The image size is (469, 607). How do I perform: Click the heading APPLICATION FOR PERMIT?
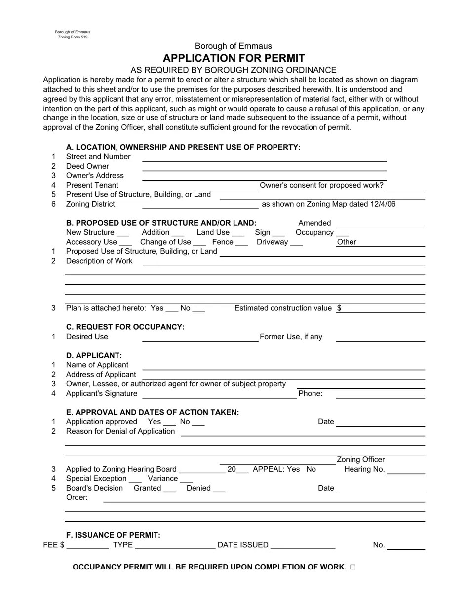tap(234, 58)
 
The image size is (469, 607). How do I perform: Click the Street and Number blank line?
tap(264, 160)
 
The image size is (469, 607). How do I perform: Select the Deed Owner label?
tap(87, 166)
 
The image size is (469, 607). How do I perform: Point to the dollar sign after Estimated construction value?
tap(339, 308)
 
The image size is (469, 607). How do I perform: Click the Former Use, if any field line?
tap(380, 340)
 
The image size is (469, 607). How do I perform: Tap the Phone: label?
tap(311, 393)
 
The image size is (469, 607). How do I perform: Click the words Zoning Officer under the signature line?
tap(360, 460)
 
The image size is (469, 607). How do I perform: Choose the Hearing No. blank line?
tap(406, 472)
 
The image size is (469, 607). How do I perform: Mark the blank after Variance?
tap(187, 481)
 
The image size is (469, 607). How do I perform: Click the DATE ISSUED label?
tap(243, 545)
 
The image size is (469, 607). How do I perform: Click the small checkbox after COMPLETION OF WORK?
tap(352, 567)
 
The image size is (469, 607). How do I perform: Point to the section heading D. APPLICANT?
tap(94, 355)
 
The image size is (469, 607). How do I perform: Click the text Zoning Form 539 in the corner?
tap(73, 37)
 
